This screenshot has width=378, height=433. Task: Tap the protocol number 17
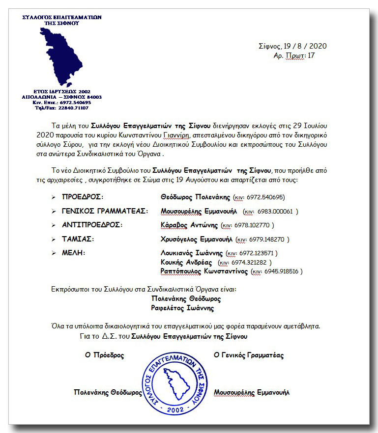(x=311, y=55)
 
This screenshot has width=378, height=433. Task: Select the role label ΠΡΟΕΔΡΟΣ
(x=82, y=197)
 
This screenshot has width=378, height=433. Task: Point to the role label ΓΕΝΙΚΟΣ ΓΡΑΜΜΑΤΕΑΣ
(x=105, y=211)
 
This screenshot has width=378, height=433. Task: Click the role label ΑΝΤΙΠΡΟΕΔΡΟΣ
(x=92, y=225)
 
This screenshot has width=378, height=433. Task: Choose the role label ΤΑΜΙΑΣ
(x=78, y=239)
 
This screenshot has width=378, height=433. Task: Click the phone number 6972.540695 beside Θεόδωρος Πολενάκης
(x=266, y=197)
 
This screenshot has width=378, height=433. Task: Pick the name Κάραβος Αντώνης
(x=189, y=225)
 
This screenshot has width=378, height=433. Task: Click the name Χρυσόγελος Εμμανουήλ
(x=196, y=239)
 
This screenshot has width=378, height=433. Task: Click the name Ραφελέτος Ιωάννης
(x=182, y=308)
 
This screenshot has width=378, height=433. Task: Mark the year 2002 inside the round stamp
(x=175, y=409)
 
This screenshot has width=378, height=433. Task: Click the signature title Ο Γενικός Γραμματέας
(x=248, y=355)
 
